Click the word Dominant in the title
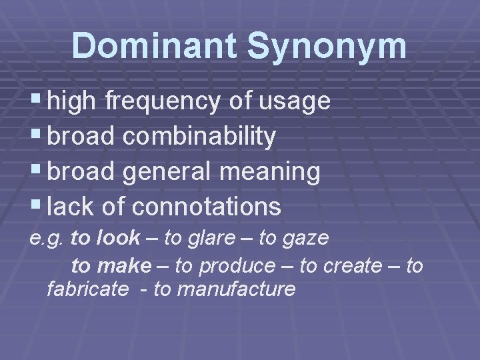pyautogui.click(x=155, y=47)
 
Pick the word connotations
pyautogui.click(x=207, y=207)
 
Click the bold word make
pyautogui.click(x=124, y=266)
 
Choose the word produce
pyautogui.click(x=237, y=267)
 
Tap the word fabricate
pyautogui.click(x=87, y=289)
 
